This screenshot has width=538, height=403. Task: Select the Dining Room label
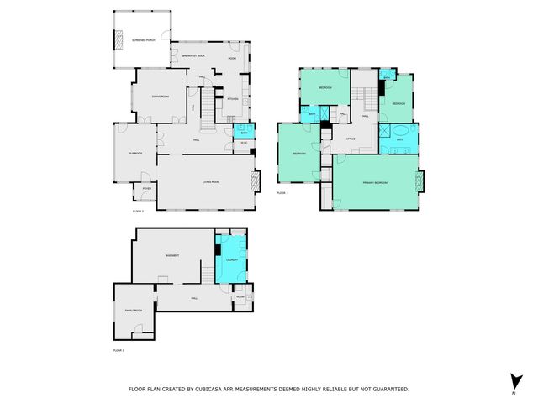(x=161, y=97)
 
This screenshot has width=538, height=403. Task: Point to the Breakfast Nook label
(x=195, y=55)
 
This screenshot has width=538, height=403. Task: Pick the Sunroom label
(x=134, y=153)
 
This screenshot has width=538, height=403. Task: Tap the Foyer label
(x=146, y=190)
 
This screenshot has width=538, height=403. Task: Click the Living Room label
(x=210, y=181)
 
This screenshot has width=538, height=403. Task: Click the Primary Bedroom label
(x=374, y=182)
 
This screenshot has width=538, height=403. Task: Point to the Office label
(x=350, y=139)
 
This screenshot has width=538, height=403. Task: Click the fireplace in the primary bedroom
(x=423, y=181)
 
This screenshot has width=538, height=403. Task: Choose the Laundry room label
(x=231, y=260)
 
